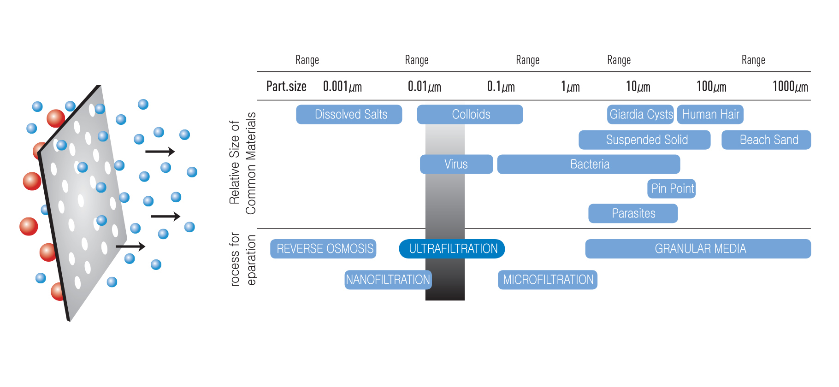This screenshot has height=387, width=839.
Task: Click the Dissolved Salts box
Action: (349, 114)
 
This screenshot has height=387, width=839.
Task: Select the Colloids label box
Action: (470, 114)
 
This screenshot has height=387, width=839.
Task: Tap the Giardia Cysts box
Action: (641, 114)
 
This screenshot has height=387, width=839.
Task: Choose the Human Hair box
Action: (710, 114)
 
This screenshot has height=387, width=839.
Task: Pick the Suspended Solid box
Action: (644, 140)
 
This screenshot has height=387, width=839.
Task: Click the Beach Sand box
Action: (766, 140)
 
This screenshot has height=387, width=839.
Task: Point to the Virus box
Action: (456, 164)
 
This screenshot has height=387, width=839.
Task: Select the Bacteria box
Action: (589, 164)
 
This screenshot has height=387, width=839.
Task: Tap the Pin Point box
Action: (672, 188)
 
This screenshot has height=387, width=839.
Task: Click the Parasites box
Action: (633, 213)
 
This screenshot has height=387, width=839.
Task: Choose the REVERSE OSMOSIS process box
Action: (323, 249)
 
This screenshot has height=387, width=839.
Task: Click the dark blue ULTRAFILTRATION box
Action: (452, 249)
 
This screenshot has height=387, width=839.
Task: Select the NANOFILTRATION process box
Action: (388, 280)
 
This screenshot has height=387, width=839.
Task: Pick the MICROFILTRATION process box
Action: (548, 280)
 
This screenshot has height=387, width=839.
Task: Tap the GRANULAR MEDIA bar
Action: (698, 249)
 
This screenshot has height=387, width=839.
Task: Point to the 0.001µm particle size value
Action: (343, 87)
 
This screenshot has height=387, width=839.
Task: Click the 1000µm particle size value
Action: (790, 87)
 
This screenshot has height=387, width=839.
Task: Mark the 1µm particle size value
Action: (570, 87)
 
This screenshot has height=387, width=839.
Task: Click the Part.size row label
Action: (286, 87)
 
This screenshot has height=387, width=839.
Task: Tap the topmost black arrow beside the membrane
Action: (160, 151)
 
